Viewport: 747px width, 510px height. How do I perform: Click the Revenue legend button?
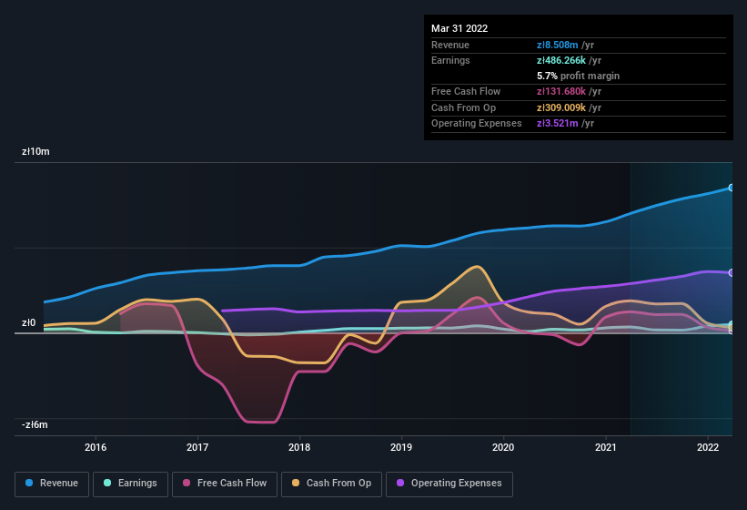pos(52,483)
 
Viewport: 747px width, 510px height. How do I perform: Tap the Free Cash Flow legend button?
pos(225,483)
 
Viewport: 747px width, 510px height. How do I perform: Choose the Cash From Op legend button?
pos(331,483)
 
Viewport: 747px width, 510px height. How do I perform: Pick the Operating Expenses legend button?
pos(449,483)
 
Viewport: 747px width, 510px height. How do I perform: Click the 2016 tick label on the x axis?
pos(96,447)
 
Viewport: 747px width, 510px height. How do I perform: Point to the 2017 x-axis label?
pos(197,447)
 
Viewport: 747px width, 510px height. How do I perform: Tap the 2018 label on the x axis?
pos(299,447)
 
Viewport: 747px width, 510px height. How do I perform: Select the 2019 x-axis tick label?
pos(401,447)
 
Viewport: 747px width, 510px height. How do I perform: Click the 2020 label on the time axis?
pos(503,447)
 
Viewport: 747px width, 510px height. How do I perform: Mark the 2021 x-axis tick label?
pos(606,447)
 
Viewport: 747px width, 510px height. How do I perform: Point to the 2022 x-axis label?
pos(708,447)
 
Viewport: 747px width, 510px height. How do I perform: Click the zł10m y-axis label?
pos(35,152)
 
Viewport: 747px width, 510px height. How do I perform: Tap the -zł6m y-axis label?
pos(35,424)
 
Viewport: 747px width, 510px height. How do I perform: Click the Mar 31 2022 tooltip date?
pos(459,28)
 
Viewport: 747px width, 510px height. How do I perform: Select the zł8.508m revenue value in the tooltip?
pos(558,45)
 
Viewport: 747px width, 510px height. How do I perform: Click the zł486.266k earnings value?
pos(567,60)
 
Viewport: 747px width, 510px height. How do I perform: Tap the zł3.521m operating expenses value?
pos(558,123)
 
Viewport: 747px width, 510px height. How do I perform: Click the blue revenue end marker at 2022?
pos(732,188)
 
